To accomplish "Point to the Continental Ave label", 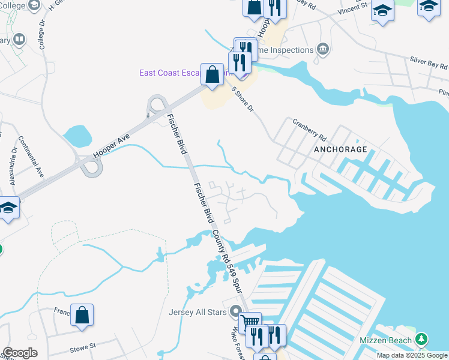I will pyautogui.click(x=31, y=156).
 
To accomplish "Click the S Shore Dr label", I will pyautogui.click(x=243, y=98).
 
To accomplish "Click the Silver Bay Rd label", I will pyautogui.click(x=429, y=63).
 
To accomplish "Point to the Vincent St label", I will pyautogui.click(x=352, y=10).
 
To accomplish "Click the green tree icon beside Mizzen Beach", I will pyautogui.click(x=421, y=340).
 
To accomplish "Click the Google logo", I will pyautogui.click(x=19, y=353).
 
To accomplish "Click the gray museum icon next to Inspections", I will pyautogui.click(x=323, y=49).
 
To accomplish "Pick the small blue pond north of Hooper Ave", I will pyautogui.click(x=76, y=135).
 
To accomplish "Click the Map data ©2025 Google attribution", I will pyautogui.click(x=412, y=355).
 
